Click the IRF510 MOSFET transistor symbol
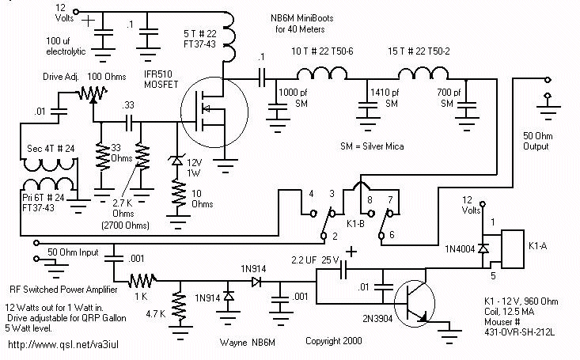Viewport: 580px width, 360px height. pos(214,112)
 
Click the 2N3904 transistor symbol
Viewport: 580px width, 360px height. pos(414,303)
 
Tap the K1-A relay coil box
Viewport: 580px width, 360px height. pos(513,248)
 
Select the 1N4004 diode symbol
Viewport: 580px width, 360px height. pos(483,248)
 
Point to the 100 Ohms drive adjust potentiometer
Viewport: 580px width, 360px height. pos(93,94)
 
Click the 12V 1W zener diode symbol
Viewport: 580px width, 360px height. pos(176,161)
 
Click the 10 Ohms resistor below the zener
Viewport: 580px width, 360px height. pos(178,195)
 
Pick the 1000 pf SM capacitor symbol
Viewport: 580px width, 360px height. pos(278,107)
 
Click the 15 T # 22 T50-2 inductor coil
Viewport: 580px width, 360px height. pos(423,73)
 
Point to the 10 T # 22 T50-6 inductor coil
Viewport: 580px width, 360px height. pos(322,73)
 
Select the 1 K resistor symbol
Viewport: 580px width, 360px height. pos(142,281)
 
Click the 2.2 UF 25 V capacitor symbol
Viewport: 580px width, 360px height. pos(343,270)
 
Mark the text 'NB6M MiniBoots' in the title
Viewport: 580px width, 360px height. pos(301,17)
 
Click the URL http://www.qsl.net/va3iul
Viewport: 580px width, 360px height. pos(63,345)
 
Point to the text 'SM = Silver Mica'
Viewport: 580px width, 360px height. pos(372,146)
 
